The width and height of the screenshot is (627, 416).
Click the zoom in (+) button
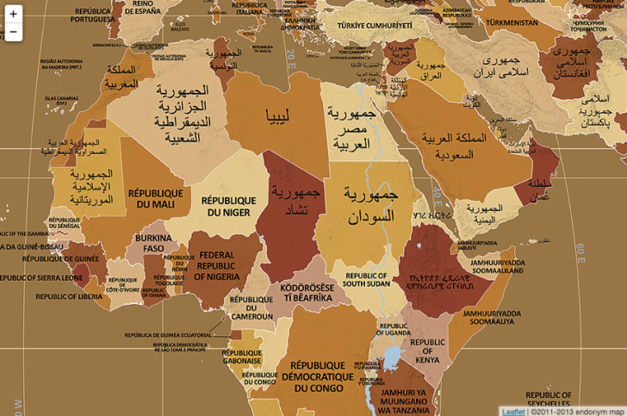pos(13,14)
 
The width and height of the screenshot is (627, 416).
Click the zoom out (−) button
pos(13,33)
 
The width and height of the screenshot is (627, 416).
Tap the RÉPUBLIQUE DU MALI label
pos(155,199)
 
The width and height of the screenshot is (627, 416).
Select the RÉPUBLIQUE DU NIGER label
pos(229,206)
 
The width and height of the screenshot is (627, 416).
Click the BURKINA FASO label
pos(153,244)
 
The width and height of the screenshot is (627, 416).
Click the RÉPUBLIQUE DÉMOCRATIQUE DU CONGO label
pos(323,376)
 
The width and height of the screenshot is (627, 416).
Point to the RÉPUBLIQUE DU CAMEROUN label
pos(251,307)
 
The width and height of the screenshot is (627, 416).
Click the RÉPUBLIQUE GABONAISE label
pos(242,357)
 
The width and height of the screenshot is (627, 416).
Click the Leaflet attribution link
pos(513,411)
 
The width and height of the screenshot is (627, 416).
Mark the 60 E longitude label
pos(580,251)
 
